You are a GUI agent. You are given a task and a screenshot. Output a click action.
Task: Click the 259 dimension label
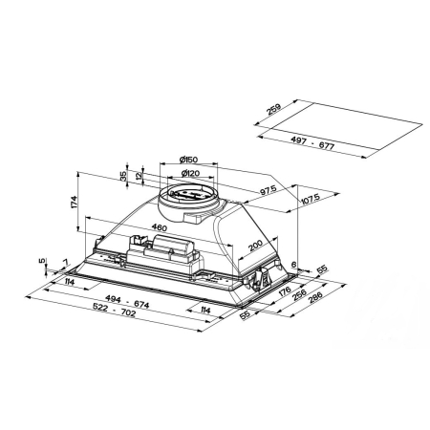point(274,109)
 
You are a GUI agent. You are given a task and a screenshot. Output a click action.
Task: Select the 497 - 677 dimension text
point(312,142)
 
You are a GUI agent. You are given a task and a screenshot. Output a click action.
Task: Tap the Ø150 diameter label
point(188,160)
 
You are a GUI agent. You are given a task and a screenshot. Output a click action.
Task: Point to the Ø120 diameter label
point(190,173)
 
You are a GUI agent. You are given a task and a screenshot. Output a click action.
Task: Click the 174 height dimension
point(74,202)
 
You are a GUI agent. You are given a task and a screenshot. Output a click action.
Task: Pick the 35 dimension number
point(123,176)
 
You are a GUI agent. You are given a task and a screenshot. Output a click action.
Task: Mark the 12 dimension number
point(139,175)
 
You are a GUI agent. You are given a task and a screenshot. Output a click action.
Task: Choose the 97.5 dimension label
point(269,190)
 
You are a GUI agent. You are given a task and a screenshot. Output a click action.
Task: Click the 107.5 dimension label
point(311,200)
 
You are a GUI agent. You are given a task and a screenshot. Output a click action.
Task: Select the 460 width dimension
point(160,227)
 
